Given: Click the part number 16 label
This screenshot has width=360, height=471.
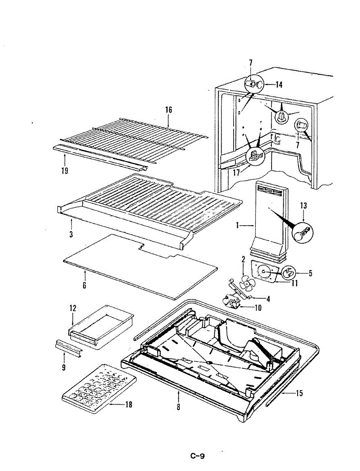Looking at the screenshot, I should [168, 110].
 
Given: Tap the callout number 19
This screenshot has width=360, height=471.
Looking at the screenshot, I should [65, 170].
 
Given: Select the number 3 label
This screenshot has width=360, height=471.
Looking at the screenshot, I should [71, 235].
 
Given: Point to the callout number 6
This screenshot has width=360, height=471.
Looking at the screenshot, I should [84, 285].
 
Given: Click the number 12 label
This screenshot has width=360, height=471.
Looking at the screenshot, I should [73, 308].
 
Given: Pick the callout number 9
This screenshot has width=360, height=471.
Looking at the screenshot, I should [64, 368].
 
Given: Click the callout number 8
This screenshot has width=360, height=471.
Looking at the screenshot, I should [178, 407].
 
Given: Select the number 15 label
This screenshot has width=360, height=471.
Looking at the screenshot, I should [300, 393].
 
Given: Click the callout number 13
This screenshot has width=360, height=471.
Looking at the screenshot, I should [303, 206].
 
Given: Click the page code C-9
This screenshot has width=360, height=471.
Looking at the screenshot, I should [197, 456].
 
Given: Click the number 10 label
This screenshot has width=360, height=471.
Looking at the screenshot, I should [258, 308].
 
